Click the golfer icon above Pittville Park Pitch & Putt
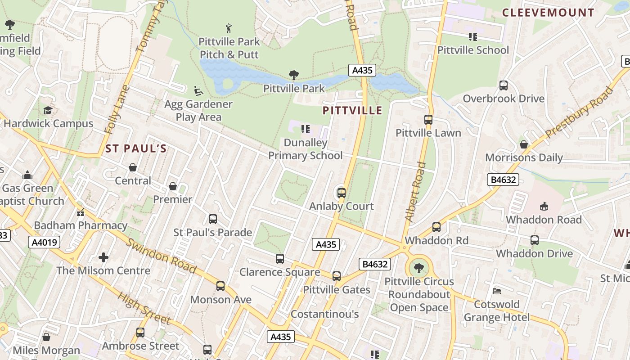(x=229, y=28)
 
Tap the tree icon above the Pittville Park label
(x=294, y=75)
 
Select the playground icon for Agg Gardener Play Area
(x=198, y=91)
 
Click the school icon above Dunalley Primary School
(x=306, y=130)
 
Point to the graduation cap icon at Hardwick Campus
(x=48, y=110)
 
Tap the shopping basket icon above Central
(x=133, y=167)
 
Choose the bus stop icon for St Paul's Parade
(x=213, y=219)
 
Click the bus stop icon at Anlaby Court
(x=342, y=193)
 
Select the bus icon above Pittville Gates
(x=337, y=276)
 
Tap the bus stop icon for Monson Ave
(x=220, y=286)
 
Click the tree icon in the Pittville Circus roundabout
(x=419, y=268)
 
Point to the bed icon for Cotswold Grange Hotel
(x=497, y=291)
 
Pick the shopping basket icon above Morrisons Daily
(x=524, y=144)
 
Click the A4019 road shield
(x=45, y=243)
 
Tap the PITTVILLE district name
(x=352, y=111)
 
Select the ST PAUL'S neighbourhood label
(x=136, y=148)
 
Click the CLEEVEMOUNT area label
(x=548, y=13)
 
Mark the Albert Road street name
(x=414, y=191)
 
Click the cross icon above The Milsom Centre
(x=103, y=257)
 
